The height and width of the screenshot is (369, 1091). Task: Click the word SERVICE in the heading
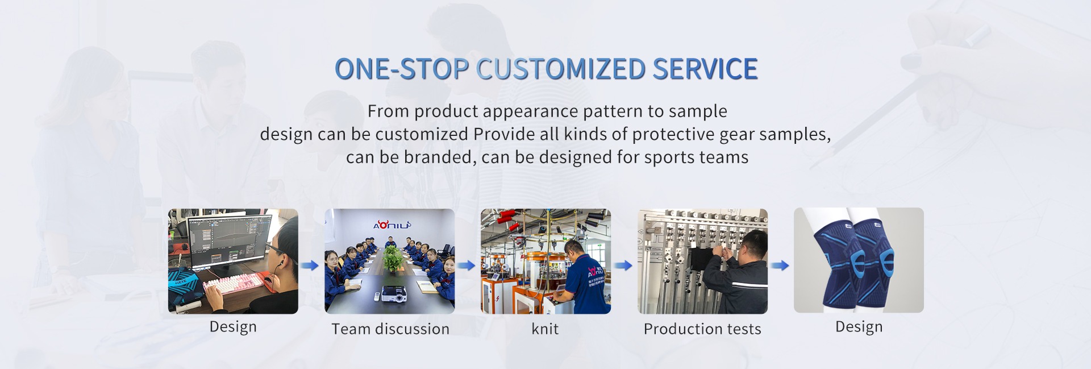[705, 69]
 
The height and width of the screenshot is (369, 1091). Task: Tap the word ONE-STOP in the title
[402, 69]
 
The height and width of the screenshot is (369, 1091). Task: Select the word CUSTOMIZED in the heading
[561, 69]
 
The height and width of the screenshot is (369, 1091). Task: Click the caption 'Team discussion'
[390, 329]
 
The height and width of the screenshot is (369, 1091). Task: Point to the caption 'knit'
[545, 329]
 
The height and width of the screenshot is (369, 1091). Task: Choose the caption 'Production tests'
[702, 329]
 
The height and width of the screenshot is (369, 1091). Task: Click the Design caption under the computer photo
[233, 327]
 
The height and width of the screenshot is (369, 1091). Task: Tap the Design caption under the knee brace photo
[859, 327]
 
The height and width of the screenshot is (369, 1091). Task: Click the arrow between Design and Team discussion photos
[310, 266]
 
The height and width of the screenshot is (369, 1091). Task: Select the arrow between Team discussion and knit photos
[467, 266]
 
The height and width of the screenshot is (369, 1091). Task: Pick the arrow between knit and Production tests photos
[623, 266]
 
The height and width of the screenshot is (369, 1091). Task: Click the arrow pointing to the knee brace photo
[780, 266]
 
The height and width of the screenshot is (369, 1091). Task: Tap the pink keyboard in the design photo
[235, 281]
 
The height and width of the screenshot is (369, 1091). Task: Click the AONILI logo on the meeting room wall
[392, 225]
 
